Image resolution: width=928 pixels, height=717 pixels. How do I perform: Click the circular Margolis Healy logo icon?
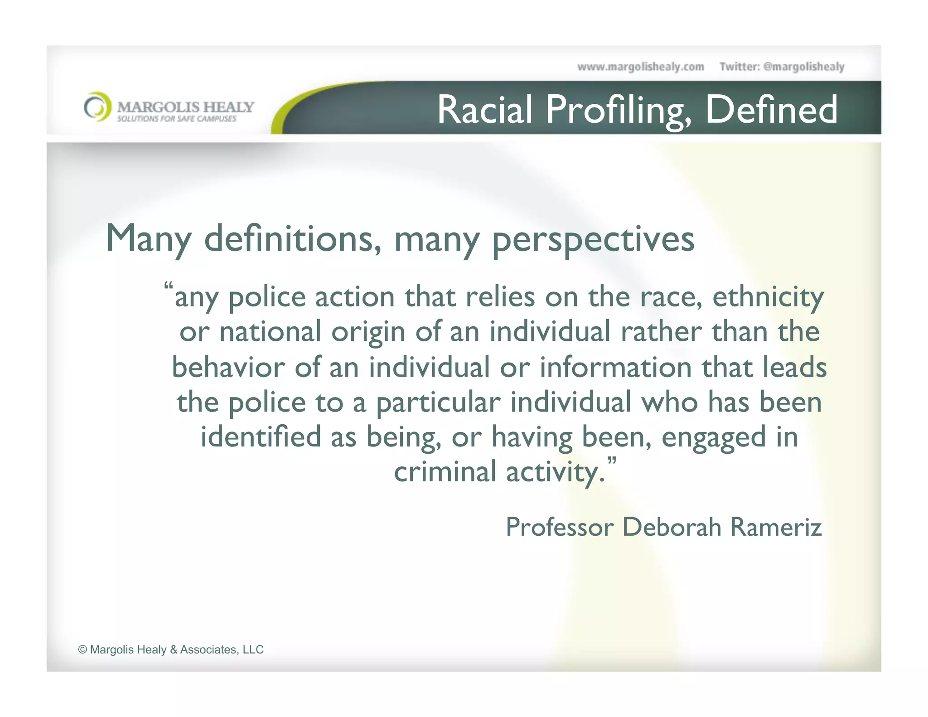coord(97,107)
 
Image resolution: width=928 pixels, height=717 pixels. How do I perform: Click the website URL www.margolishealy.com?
coord(640,67)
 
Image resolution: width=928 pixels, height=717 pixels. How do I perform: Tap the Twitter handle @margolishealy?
coord(803,67)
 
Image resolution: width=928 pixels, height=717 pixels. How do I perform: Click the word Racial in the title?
coord(484,110)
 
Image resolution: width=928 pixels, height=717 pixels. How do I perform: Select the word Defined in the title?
coord(771,110)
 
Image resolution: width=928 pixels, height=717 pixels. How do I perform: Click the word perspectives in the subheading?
coord(593,240)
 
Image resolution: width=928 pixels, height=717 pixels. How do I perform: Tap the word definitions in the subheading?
coord(293,239)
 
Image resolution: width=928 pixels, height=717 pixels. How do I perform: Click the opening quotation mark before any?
coord(169,287)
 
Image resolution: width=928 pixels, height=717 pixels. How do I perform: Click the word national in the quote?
coord(270,332)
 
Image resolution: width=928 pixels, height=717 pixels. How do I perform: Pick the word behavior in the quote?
coord(228,367)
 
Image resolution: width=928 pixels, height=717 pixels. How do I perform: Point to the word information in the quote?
coord(615,367)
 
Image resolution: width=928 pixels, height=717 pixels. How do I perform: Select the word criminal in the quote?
coord(445,472)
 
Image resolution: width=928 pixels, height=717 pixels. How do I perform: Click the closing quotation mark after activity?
coord(611,462)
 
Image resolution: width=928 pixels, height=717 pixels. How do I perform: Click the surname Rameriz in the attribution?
coord(776,528)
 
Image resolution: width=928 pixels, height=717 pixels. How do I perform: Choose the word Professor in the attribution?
coord(560,528)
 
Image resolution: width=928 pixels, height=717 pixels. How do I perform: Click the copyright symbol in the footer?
coord(82,650)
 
